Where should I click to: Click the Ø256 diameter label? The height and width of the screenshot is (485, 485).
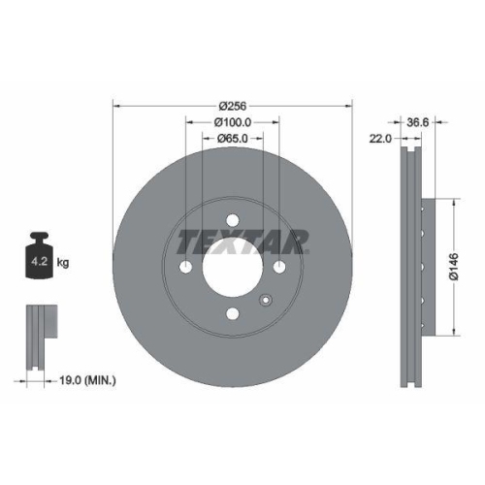coord(232,105)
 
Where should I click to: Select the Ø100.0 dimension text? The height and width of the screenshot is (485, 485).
coord(233,122)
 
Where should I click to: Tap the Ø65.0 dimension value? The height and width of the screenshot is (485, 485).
coord(233,140)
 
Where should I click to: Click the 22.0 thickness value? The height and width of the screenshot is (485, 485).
coord(380,140)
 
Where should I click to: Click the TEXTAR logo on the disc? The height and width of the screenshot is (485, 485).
coord(242,240)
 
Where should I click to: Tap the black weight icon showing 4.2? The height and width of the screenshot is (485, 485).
coord(40,258)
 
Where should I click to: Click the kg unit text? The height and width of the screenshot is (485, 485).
coord(63,263)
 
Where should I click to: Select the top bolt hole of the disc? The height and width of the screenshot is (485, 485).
coord(233,219)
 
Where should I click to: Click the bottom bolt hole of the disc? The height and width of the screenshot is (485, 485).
coord(233,312)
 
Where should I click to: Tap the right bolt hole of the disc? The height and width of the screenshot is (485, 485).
coord(279,267)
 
